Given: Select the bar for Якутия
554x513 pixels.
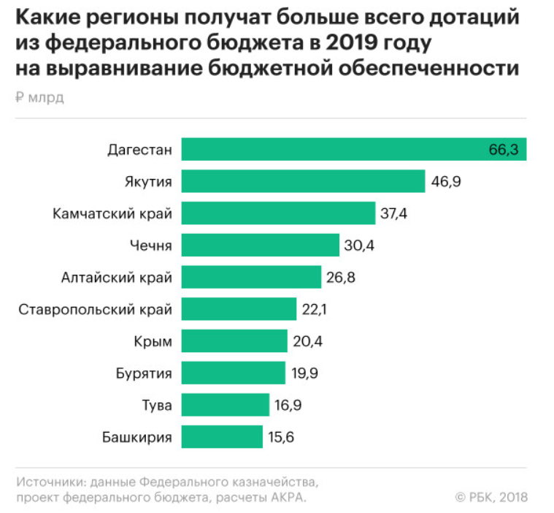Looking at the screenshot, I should (303, 181).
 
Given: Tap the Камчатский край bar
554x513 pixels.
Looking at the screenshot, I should (278, 213).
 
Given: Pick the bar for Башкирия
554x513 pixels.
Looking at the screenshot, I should (222, 437).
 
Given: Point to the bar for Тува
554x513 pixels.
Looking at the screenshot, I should (225, 405).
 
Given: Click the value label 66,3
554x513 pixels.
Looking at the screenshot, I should (503, 150).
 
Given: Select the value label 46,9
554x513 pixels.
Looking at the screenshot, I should (446, 181).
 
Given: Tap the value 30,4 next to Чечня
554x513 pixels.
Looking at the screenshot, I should (359, 246).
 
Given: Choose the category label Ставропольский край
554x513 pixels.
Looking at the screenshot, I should (96, 309).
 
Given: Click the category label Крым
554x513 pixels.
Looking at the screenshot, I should (154, 341).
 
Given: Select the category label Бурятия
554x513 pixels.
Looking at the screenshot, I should (145, 373).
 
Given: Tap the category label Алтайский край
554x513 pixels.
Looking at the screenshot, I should (117, 278).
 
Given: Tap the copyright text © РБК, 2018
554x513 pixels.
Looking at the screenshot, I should (490, 497).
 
